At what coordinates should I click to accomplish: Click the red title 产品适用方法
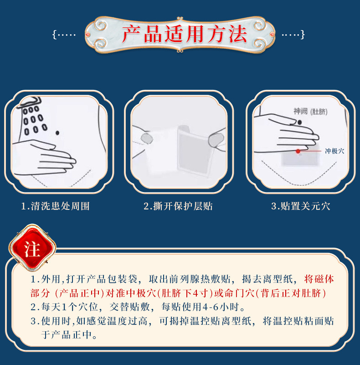184,35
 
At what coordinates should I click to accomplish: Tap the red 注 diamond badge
32,248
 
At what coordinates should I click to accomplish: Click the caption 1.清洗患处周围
55,206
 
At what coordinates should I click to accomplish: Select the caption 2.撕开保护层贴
178,206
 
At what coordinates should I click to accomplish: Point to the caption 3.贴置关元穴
300,206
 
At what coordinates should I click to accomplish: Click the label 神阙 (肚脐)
310,111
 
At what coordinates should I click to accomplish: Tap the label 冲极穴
334,151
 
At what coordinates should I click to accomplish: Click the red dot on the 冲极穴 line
298,151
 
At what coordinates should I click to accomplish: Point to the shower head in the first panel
30,103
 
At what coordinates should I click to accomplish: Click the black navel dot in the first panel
57,133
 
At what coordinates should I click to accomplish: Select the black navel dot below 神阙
299,122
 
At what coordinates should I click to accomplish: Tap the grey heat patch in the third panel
300,156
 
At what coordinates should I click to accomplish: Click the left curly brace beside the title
54,35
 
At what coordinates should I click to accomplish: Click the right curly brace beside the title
302,35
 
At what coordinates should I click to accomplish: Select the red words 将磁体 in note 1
319,279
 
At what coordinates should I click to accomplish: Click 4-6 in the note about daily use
211,307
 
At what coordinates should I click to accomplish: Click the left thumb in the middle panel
147,138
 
